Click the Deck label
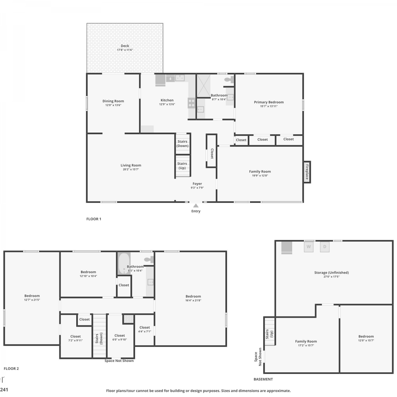click(125, 46)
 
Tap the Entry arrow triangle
click(196, 206)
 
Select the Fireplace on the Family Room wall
click(307, 172)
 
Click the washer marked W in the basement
click(309, 247)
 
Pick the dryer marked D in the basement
click(325, 247)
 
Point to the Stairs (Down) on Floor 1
click(183, 144)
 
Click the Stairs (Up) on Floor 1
click(182, 166)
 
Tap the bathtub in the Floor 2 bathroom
click(124, 264)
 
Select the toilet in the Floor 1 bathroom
click(229, 79)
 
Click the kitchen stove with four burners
click(192, 103)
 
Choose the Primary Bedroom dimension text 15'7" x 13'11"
click(269, 106)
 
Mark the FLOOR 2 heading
click(11, 368)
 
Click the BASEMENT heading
click(263, 379)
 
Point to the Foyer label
click(197, 184)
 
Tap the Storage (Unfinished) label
click(331, 273)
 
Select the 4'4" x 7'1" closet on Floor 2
click(145, 330)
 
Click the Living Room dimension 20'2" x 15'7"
click(131, 169)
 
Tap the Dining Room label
click(113, 101)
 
